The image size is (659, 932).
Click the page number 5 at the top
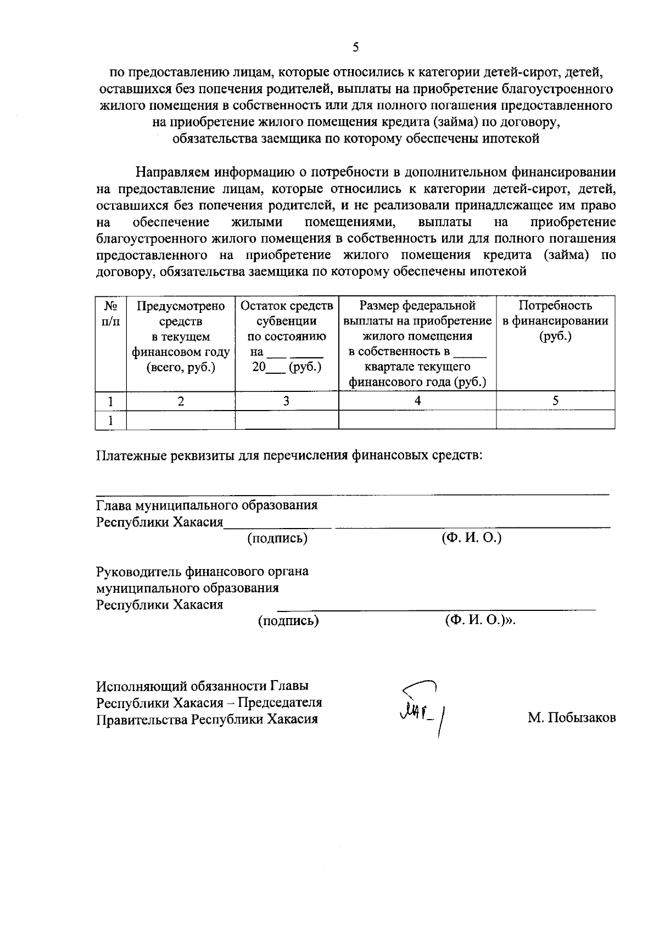(356, 48)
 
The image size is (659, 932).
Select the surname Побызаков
(572, 718)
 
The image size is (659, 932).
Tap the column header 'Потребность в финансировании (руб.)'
(555, 321)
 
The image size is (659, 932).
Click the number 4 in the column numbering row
(417, 401)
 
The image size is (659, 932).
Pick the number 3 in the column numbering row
(286, 401)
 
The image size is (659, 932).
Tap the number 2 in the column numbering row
(181, 401)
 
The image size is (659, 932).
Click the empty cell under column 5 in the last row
(555, 420)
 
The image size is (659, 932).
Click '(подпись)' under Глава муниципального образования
(277, 538)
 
